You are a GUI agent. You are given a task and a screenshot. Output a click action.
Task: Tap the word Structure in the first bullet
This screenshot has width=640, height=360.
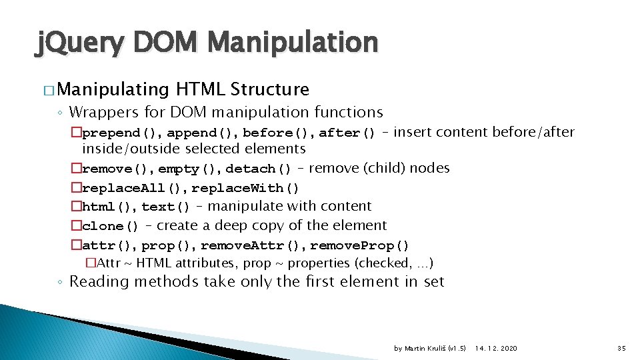(269, 89)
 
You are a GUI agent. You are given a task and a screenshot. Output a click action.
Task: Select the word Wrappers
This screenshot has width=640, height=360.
(99, 112)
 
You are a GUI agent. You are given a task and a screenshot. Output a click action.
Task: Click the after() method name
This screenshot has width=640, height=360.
(347, 133)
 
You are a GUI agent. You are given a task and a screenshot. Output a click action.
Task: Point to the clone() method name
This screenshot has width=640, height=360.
(111, 227)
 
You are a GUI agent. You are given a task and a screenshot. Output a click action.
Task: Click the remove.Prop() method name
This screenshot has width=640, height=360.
(360, 246)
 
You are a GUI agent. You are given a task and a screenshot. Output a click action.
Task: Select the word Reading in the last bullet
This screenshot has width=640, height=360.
(99, 281)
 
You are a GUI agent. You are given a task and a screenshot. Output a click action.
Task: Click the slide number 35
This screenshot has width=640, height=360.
(621, 348)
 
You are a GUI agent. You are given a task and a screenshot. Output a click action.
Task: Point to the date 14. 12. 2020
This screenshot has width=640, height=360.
(495, 348)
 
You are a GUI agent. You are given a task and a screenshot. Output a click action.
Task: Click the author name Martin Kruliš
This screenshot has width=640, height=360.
(425, 348)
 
